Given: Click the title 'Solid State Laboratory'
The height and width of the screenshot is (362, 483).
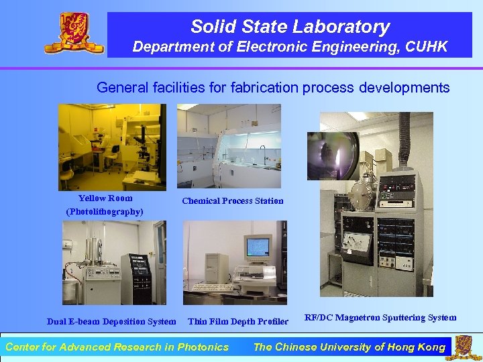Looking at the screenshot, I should click(x=290, y=27).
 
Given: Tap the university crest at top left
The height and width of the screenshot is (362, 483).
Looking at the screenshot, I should click(x=74, y=33).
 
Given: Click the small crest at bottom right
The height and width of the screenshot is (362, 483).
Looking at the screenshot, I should click(x=464, y=347).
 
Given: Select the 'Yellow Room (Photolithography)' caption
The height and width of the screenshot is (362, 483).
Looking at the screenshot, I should click(x=105, y=204).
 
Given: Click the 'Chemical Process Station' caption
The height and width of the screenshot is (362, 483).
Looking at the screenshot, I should click(x=233, y=200).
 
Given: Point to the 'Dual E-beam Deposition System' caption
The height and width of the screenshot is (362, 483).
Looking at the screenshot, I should click(x=111, y=322).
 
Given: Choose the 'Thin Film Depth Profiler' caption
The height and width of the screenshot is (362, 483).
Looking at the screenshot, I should click(x=238, y=322).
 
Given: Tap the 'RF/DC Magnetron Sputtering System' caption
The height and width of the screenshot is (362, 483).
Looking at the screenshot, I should click(x=380, y=318).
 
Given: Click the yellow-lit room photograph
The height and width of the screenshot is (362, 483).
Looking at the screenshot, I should click(x=112, y=146).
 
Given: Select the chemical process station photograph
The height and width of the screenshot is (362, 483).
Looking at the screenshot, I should click(x=229, y=145).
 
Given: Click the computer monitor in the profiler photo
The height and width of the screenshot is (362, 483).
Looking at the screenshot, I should click(x=258, y=247).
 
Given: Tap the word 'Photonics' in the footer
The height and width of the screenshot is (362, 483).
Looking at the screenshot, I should click(x=204, y=347).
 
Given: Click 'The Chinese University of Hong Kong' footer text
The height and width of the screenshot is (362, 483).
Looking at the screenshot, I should click(x=349, y=347).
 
